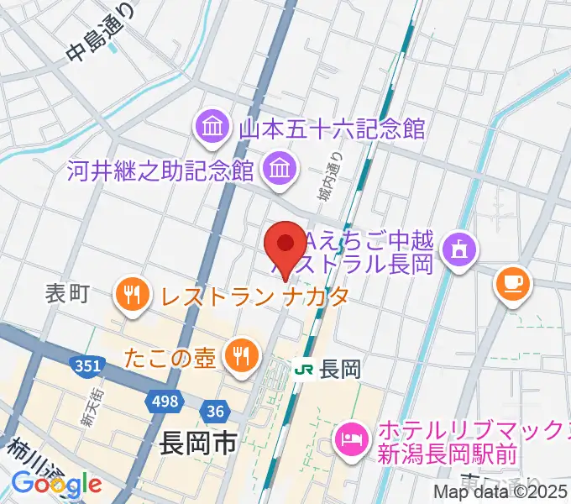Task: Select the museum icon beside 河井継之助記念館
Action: [x=276, y=170]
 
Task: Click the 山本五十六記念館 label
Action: [x=333, y=129]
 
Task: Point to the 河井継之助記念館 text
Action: [x=161, y=171]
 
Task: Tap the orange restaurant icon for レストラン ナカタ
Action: [x=132, y=295]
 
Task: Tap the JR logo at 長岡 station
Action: [x=305, y=368]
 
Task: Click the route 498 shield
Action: [x=165, y=402]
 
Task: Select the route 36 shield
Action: [x=215, y=411]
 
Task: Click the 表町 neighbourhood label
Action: [x=67, y=294]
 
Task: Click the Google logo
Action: [x=56, y=484]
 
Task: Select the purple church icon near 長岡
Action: [x=458, y=249]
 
